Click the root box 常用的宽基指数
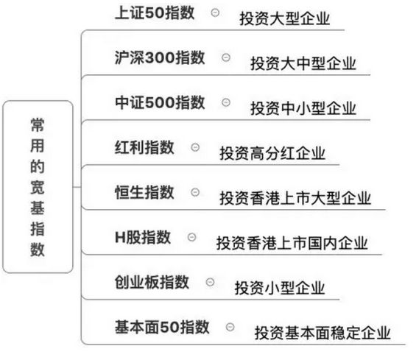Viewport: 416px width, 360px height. tap(38, 187)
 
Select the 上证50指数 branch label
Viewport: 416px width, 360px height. tap(155, 13)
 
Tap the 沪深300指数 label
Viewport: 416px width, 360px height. tap(160, 57)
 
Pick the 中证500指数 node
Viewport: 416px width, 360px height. tap(160, 102)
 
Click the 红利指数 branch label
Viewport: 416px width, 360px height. tap(144, 147)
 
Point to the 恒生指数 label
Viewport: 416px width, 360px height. tap(144, 192)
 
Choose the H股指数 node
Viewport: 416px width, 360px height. tap(143, 237)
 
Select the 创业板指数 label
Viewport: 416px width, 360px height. tap(152, 282)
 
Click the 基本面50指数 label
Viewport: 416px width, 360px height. tap(162, 327)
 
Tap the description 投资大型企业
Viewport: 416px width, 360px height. tap(284, 18)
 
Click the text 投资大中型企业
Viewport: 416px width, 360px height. tap(303, 63)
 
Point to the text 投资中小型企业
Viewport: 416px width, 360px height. tap(303, 108)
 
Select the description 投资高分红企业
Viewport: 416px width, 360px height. tap(272, 153)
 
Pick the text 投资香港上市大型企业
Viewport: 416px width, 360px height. tap(295, 198)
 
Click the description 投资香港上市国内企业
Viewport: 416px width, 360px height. tap(292, 243)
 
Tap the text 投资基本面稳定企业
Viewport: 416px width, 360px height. tap(322, 333)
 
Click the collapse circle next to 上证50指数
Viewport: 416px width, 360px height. tap(215, 13)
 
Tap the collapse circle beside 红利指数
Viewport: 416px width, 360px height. tap(195, 147)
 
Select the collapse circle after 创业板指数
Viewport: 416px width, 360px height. tap(210, 282)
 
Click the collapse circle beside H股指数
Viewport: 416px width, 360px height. tap(192, 237)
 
